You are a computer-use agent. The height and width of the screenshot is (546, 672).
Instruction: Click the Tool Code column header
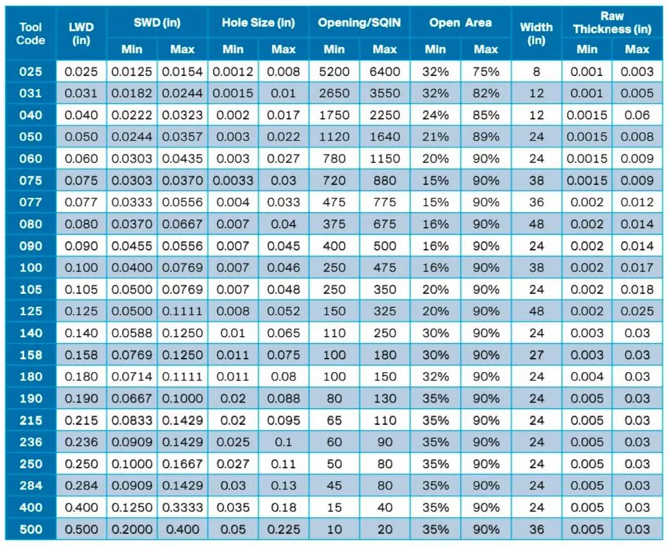30,34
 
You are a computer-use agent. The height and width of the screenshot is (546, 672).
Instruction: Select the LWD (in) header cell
81,34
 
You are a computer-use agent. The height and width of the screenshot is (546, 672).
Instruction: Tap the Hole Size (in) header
258,22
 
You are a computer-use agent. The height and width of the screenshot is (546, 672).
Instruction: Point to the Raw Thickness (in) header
612,23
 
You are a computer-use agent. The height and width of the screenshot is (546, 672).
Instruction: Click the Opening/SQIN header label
359,22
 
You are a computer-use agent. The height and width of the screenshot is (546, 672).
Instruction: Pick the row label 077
30,202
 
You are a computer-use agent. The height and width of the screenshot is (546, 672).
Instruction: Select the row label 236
30,442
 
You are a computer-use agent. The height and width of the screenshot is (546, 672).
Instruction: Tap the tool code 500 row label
30,529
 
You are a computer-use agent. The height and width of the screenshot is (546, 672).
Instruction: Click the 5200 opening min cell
334,71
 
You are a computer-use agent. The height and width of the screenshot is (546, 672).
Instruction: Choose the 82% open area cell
486,93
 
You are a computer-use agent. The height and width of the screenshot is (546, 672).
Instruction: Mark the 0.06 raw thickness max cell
637,115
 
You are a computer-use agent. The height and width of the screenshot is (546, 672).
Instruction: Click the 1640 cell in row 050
385,137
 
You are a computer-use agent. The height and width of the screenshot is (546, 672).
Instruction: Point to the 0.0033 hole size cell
233,180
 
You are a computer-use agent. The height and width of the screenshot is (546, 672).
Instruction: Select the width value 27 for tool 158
536,355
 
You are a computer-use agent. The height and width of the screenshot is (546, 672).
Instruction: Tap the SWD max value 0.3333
182,508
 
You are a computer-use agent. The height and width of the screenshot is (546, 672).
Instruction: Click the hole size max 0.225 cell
283,529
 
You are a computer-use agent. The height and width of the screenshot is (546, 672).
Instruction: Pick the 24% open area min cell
435,115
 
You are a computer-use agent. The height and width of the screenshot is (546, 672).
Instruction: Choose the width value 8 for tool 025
536,71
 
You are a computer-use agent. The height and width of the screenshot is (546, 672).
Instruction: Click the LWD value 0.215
81,420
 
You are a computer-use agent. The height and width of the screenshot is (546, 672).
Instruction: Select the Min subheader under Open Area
435,49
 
